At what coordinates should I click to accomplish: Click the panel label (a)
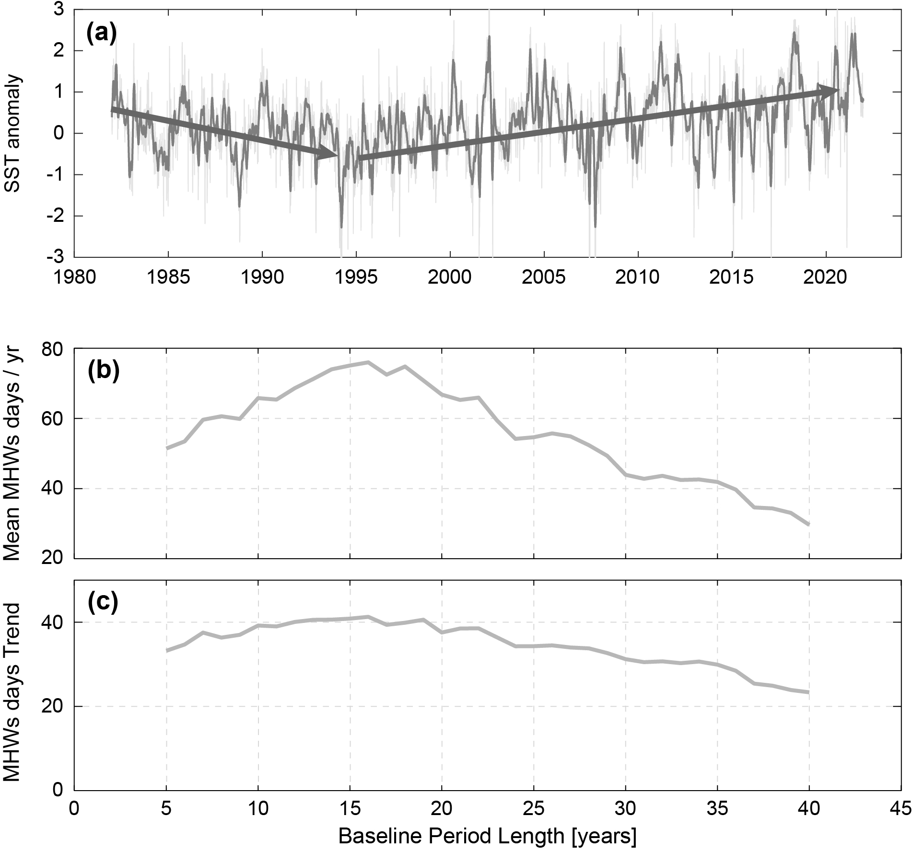pos(101,34)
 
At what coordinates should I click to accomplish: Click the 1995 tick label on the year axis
pos(356,278)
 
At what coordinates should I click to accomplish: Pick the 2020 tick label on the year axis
pos(826,278)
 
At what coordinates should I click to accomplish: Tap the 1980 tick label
pos(74,278)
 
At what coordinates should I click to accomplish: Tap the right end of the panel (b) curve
pos(809,525)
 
